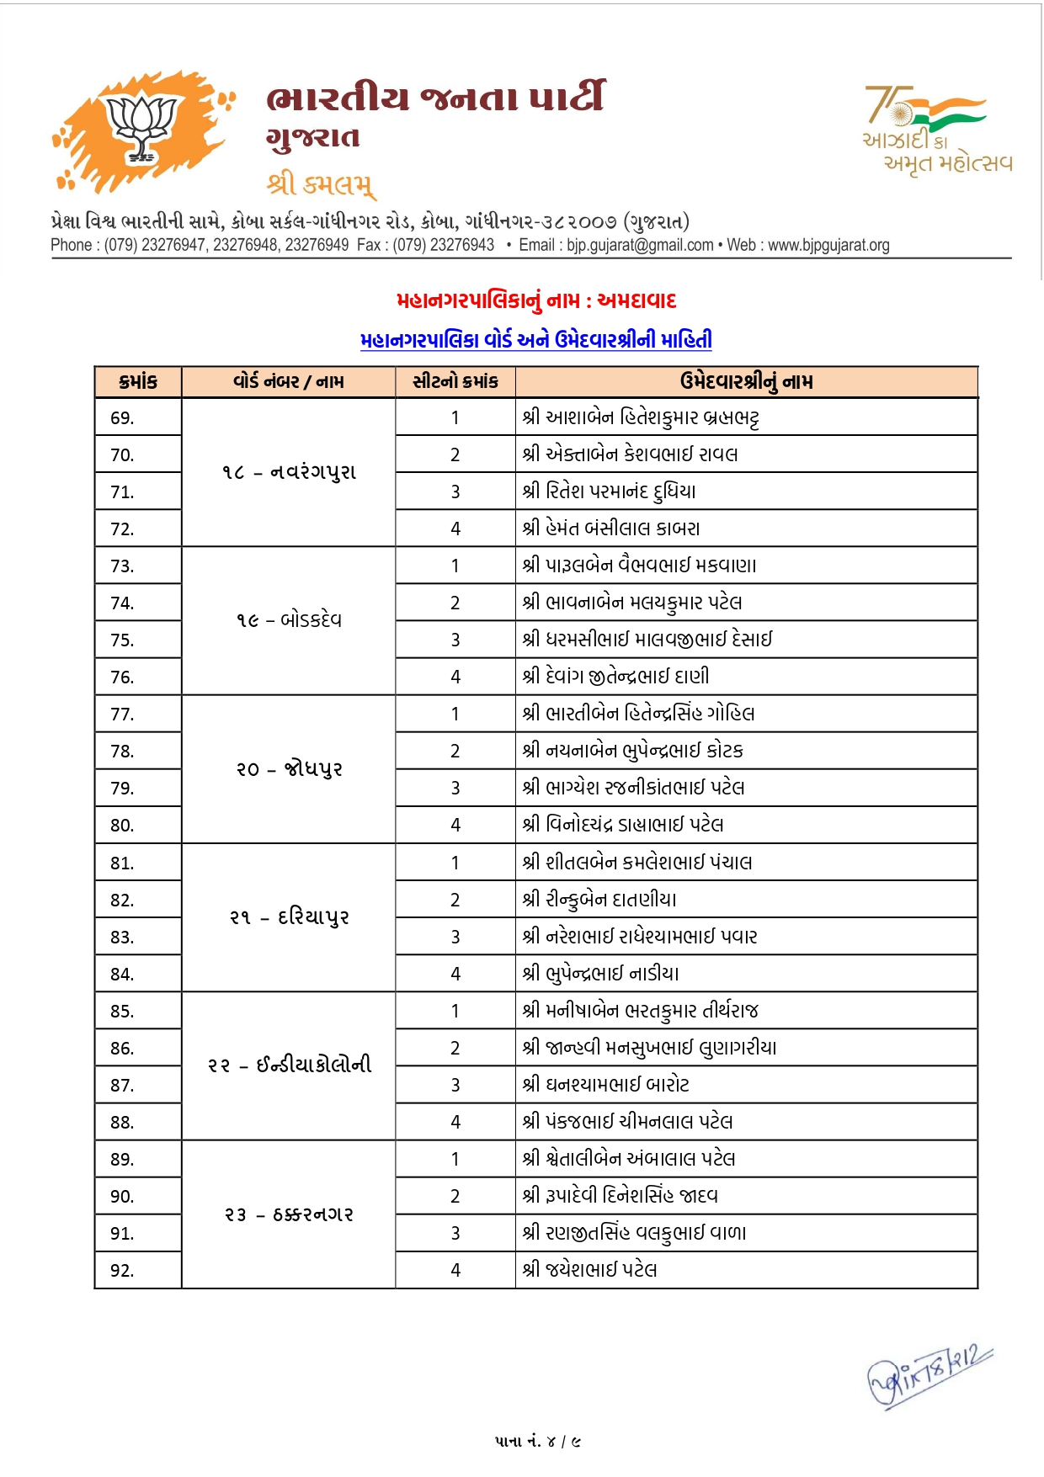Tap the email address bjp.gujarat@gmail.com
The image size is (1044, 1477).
(640, 245)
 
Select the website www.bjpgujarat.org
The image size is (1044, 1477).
(828, 245)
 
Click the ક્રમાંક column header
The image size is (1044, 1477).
(138, 382)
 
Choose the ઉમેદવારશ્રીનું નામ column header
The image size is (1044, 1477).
(746, 382)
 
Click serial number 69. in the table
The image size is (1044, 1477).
(123, 418)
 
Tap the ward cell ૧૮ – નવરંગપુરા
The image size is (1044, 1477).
(289, 472)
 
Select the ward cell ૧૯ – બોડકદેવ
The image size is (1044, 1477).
(289, 620)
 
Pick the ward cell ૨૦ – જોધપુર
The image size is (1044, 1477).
(289, 768)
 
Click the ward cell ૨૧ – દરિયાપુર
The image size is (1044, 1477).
(289, 916)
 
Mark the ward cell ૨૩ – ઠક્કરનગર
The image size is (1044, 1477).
(289, 1214)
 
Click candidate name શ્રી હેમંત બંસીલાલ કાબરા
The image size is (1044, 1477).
(611, 529)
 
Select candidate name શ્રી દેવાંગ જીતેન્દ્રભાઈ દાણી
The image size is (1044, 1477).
(615, 677)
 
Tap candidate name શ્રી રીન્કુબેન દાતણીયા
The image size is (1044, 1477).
(599, 900)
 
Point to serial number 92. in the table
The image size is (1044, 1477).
(123, 1270)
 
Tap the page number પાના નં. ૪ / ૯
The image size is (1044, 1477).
(537, 1442)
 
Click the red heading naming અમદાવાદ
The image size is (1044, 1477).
(536, 300)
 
